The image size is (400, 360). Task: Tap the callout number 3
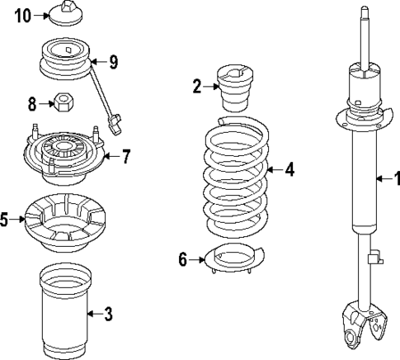107,313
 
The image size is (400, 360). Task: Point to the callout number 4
289,170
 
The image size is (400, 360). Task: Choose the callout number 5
5,220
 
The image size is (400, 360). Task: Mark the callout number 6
183,259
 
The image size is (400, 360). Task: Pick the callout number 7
125,157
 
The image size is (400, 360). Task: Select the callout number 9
114,60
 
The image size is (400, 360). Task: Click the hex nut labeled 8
62,104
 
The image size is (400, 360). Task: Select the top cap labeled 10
64,14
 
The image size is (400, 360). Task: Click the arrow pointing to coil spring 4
275,170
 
